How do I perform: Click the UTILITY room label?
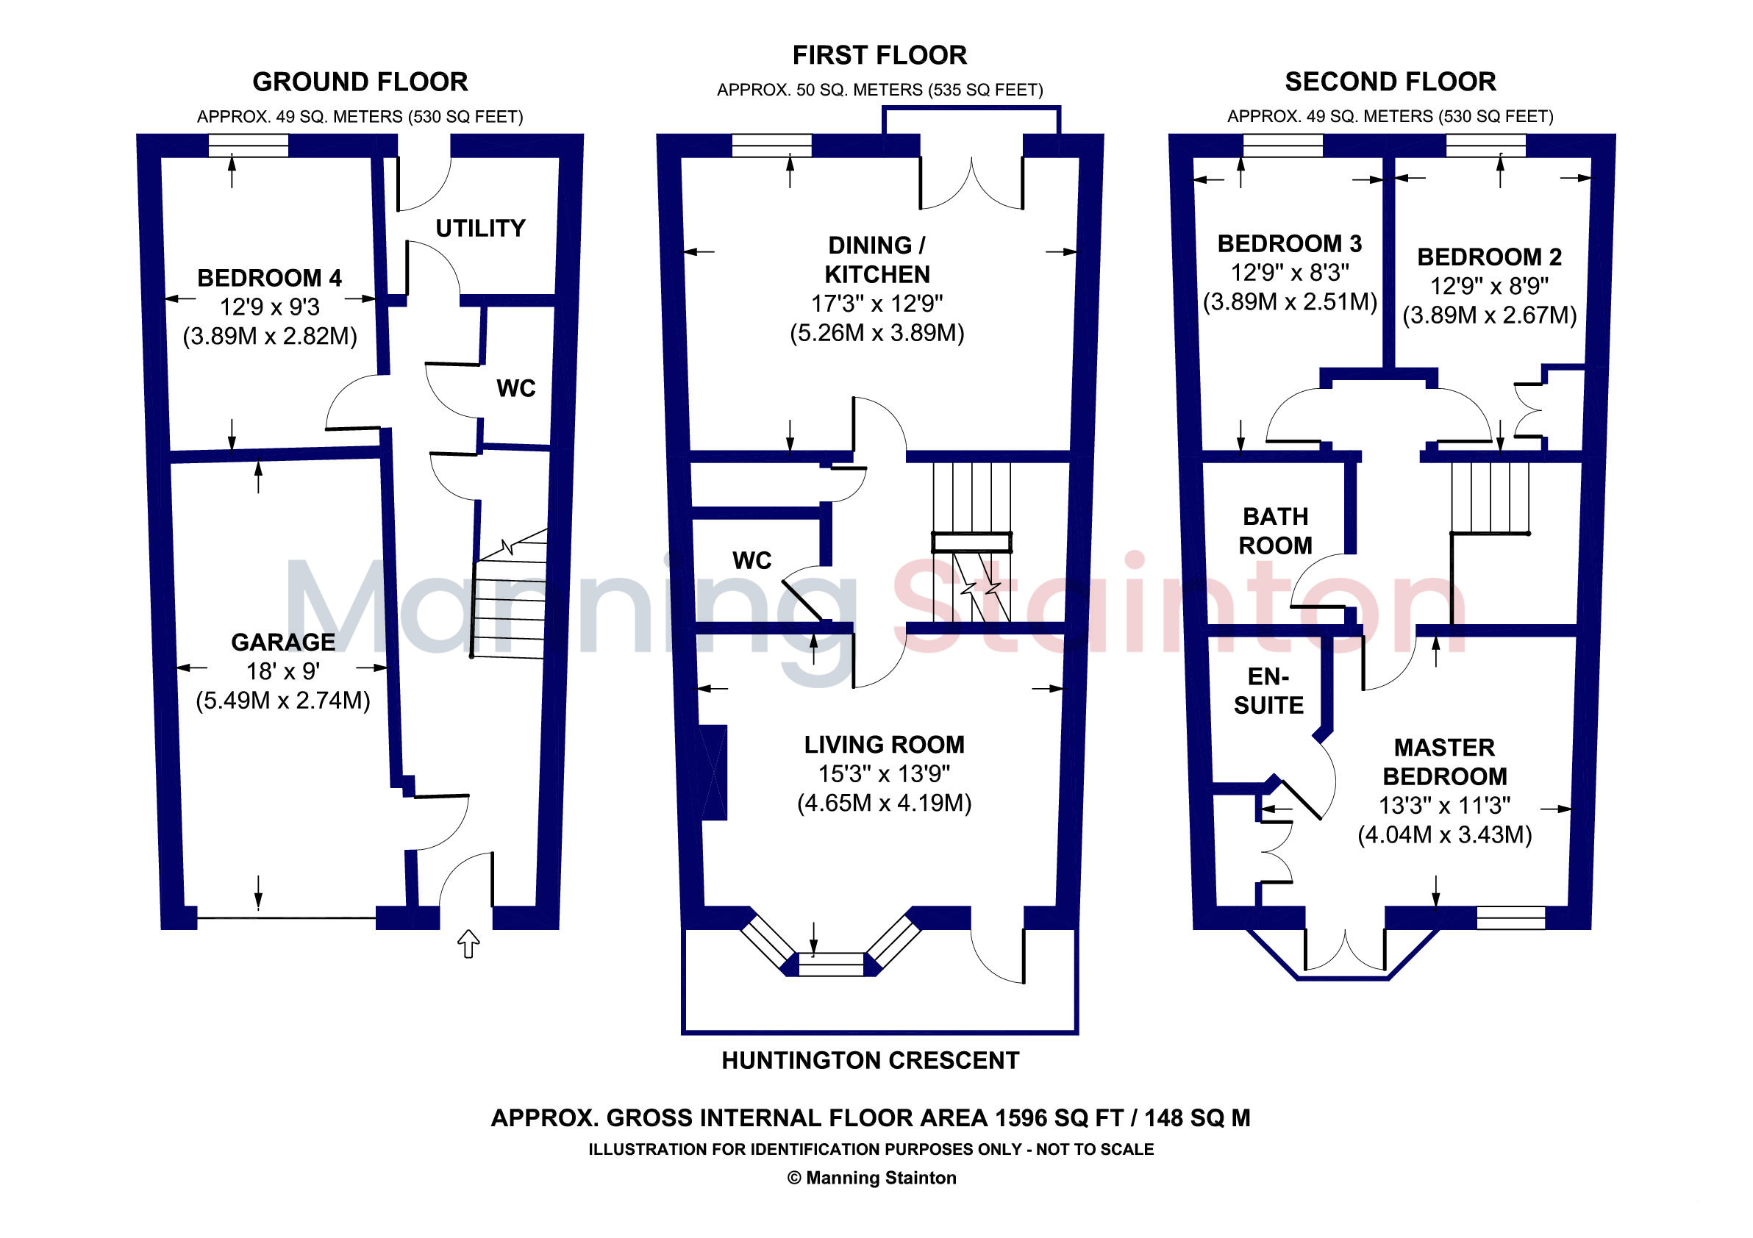(480, 228)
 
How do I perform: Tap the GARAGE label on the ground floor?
(283, 642)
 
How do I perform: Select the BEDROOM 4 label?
(270, 278)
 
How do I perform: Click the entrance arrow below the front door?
(468, 944)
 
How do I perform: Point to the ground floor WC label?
(516, 388)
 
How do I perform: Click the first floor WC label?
(752, 561)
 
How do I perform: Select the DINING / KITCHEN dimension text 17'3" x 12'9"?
(877, 304)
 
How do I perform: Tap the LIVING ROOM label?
(884, 744)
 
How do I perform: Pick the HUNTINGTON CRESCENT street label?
(871, 1060)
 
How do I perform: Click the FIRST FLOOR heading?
(879, 55)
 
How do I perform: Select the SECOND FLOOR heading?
(1390, 82)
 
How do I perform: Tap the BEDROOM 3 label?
(1290, 243)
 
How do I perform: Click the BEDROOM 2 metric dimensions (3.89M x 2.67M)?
(1490, 315)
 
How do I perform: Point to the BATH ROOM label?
(1275, 532)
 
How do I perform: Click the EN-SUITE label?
(1269, 691)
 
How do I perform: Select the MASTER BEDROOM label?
(1445, 762)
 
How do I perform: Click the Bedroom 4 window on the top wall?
(249, 146)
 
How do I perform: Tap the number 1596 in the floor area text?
(1021, 1118)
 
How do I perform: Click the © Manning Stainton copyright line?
(872, 1178)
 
